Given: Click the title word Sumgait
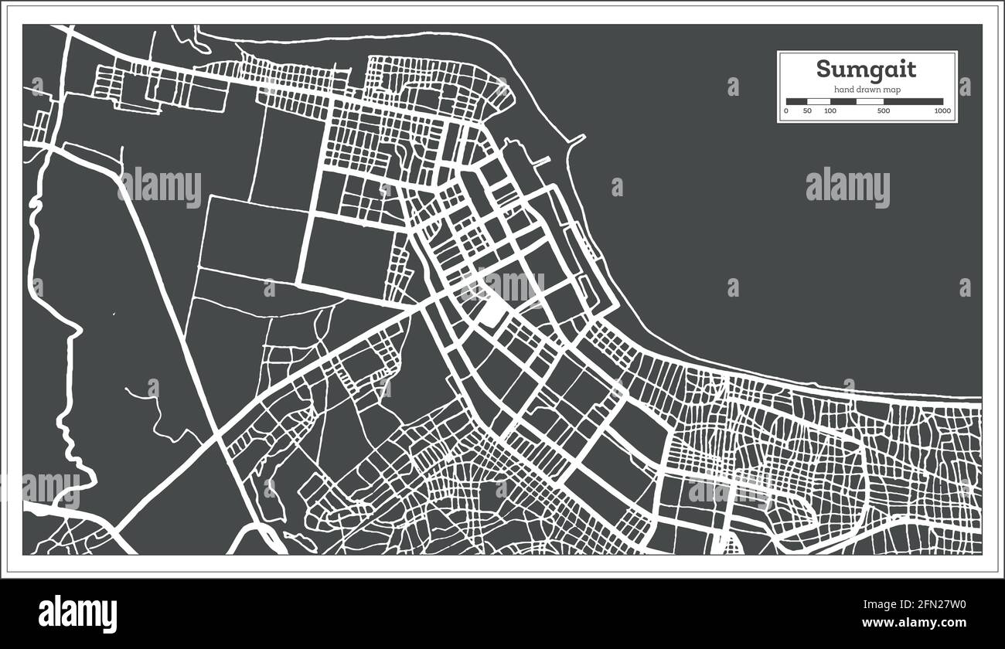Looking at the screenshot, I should tap(867, 70).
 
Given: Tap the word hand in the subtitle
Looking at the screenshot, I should tap(843, 90).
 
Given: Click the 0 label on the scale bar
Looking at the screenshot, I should tap(786, 111).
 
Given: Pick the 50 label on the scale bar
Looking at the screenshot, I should tap(808, 111).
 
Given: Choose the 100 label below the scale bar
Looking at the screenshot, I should tap(830, 111).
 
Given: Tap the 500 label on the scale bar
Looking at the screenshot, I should tap(884, 111).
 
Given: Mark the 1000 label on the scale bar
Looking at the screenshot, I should tap(942, 111).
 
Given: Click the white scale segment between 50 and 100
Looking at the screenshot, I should tap(819, 101).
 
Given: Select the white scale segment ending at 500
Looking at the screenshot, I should tap(870, 101).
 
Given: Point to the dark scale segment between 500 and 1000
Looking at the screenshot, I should tap(913, 101).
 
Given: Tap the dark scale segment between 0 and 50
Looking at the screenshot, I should tap(797, 101).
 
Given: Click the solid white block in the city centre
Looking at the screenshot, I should tap(489, 312).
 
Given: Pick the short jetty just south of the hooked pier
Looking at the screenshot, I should tap(542, 161).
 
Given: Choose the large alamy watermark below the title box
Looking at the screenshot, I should tap(847, 188).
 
